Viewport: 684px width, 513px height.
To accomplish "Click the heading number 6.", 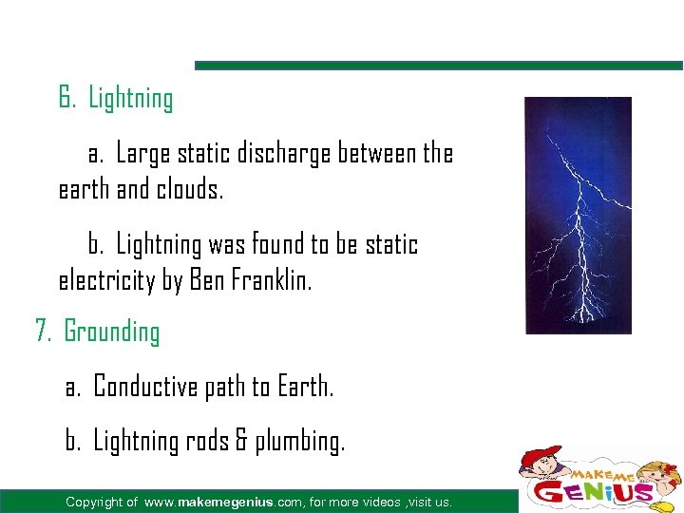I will click(66, 98).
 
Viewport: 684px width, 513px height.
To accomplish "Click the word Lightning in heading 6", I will click(130, 99).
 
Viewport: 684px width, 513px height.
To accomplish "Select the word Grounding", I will click(111, 332).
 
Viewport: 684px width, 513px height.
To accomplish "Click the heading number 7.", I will click(43, 332).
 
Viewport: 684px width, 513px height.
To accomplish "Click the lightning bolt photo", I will click(578, 215).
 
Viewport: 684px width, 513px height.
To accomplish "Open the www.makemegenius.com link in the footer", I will click(224, 502).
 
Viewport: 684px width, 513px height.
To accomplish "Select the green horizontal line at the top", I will click(438, 66).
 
